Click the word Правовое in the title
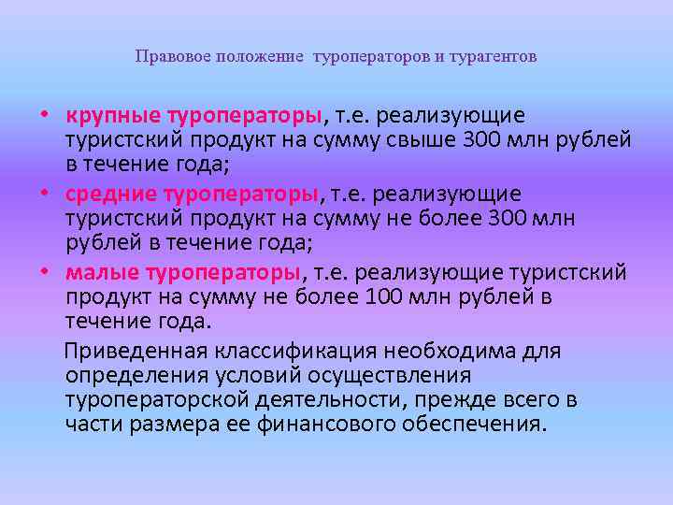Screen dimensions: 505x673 tap(173, 57)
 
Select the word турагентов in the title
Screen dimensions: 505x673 tap(494, 57)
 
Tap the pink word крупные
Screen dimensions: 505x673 tap(112, 116)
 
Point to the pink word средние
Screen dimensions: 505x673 tap(109, 195)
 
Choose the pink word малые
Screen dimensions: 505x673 tap(101, 273)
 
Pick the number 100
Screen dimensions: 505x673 tap(388, 297)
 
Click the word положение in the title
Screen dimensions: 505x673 tap(260, 57)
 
